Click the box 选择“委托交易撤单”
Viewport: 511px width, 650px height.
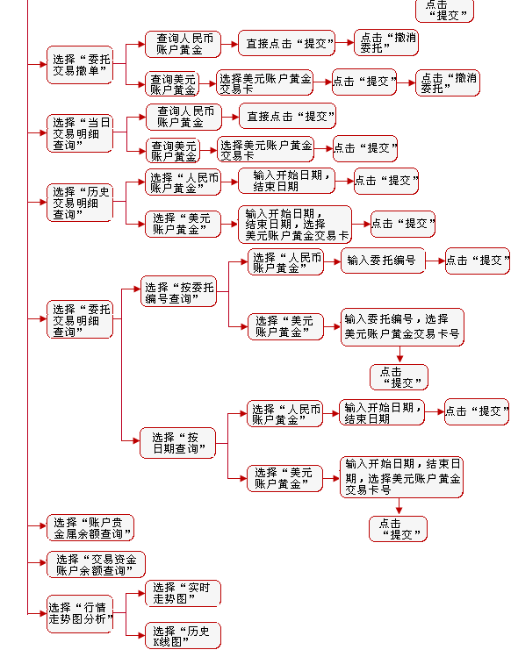80,65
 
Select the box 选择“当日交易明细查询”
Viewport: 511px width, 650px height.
80,133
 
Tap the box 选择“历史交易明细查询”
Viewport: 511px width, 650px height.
80,203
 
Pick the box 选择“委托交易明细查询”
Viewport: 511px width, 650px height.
80,319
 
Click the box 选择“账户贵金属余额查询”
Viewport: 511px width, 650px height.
90,528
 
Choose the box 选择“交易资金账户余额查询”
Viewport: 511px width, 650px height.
96,565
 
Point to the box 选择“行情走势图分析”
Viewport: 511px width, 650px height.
80,614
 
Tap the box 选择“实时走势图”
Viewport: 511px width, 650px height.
183,593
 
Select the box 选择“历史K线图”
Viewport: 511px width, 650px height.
183,636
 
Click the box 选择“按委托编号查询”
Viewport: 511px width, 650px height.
179,291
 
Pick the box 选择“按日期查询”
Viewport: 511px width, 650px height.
178,443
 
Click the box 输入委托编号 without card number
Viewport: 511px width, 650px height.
383,261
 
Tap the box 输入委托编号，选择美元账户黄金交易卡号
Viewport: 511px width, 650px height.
402,327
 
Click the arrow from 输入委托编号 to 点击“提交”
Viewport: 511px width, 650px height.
435,261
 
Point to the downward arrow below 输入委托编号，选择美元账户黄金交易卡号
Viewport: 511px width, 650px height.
399,355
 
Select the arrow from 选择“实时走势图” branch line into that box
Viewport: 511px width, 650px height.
135,594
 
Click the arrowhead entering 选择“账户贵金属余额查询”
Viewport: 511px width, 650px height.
43,525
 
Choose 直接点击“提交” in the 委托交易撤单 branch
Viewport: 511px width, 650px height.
286,43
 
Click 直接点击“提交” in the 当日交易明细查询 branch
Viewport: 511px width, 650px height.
287,117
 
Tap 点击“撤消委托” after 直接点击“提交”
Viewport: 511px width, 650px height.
386,42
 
